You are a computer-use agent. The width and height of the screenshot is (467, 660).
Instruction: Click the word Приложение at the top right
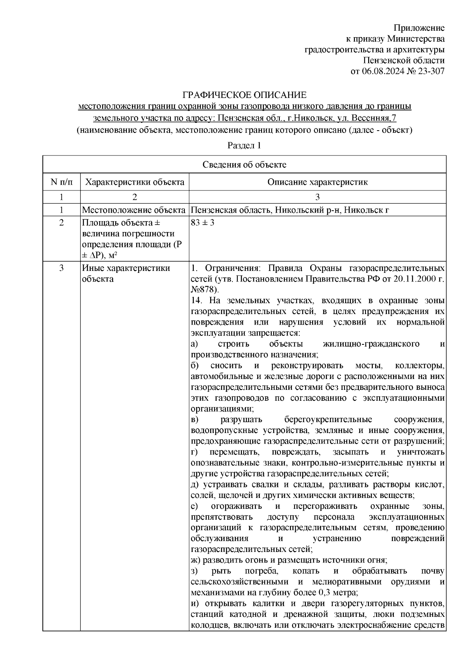419,28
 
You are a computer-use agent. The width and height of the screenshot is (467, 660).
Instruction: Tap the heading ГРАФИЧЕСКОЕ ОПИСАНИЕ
245,95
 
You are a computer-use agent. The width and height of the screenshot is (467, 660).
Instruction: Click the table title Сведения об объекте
244,165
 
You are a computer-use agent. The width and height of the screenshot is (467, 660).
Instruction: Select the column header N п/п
61,182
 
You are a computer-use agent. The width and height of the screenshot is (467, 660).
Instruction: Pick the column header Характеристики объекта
135,182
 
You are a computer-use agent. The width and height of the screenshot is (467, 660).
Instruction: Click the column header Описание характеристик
317,182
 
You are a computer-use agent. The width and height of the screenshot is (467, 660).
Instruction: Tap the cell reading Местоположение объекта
133,210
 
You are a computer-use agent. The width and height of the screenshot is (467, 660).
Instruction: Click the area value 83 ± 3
203,223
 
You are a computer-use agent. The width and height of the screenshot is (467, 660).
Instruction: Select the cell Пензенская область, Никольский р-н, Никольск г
290,210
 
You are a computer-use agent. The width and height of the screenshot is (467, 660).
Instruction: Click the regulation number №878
204,290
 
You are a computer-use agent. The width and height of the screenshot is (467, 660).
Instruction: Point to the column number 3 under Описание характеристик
317,197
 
